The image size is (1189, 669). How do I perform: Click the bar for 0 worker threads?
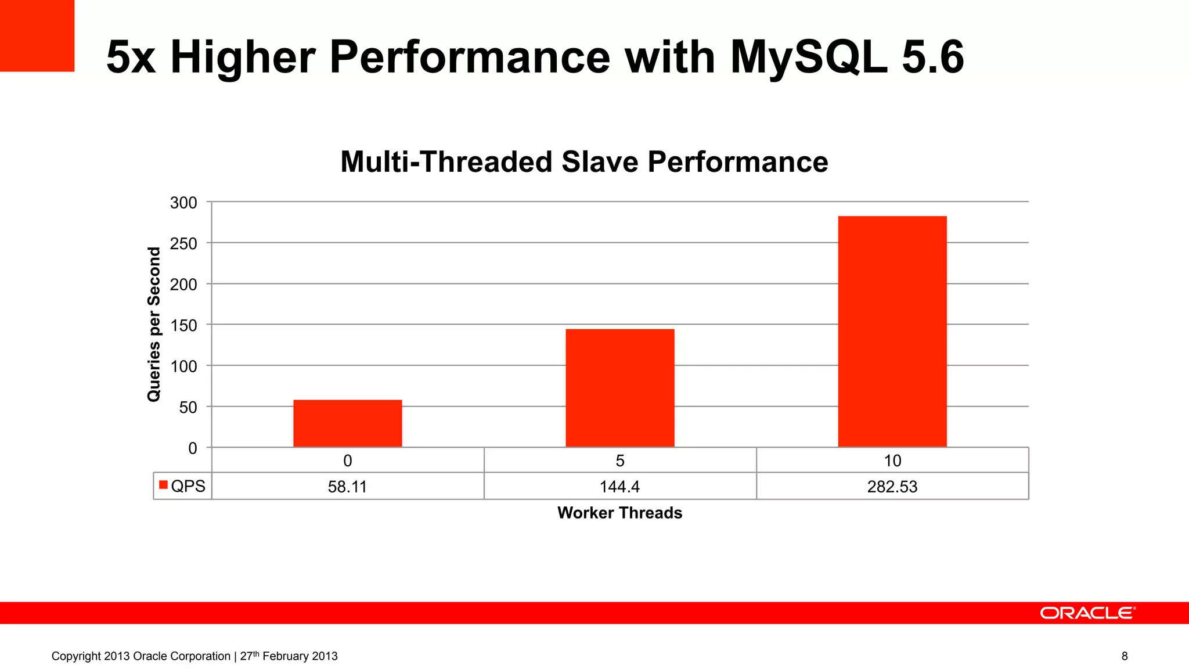click(347, 423)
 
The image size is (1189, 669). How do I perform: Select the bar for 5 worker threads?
click(619, 388)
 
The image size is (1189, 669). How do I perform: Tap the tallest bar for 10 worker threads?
click(892, 332)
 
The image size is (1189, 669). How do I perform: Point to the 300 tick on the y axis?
click(183, 203)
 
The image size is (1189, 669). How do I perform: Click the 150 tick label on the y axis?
click(183, 325)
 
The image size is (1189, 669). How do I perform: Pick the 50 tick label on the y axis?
click(188, 407)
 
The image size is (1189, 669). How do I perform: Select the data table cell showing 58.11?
click(347, 487)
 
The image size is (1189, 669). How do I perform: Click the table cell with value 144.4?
click(619, 487)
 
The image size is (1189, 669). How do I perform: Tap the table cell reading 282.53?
click(892, 487)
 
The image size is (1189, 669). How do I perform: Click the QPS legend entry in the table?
click(182, 486)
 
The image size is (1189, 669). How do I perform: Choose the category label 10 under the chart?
click(892, 461)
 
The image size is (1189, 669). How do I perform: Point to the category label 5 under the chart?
click(619, 461)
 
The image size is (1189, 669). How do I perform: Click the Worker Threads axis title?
click(619, 513)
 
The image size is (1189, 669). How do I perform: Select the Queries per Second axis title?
click(154, 324)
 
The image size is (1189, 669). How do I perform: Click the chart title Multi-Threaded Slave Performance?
click(584, 161)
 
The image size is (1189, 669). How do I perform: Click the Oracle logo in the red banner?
click(1087, 613)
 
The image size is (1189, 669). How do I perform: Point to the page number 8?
click(1125, 656)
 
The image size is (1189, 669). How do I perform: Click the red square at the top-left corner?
click(37, 35)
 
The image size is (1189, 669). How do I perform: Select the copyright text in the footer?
click(194, 656)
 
